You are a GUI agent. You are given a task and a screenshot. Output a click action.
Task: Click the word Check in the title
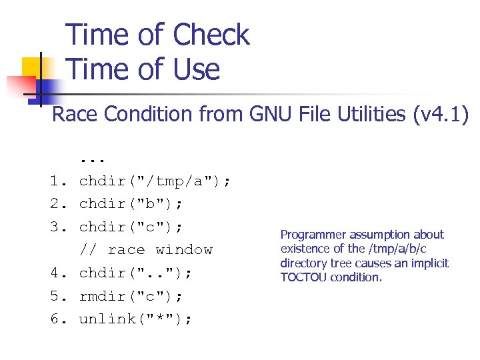point(211,35)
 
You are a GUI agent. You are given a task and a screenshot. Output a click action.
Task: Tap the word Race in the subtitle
point(74,115)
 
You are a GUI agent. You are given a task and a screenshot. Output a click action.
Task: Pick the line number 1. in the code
point(58,181)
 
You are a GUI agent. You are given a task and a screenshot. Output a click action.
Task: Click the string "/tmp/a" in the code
point(173,181)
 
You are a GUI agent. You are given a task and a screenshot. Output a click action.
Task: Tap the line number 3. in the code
point(58,227)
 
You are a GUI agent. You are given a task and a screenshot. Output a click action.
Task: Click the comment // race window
point(146,250)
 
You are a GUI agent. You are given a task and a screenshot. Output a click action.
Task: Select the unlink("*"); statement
point(136,319)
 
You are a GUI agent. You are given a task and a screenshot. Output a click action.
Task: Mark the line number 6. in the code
point(58,319)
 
